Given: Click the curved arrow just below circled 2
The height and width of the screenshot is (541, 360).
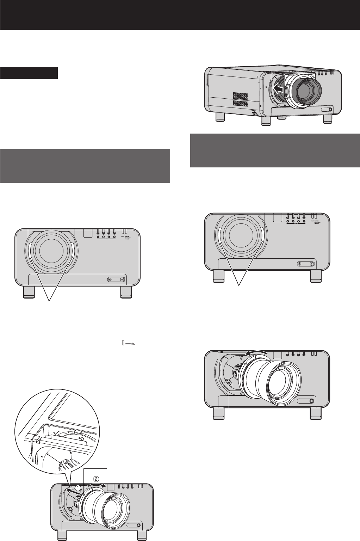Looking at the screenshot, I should point(97,486).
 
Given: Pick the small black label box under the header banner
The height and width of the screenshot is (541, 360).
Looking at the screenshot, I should point(29,73).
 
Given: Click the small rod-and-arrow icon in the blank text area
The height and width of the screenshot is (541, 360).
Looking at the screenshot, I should point(129,342).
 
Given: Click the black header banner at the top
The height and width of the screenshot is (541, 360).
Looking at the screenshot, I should point(180,15).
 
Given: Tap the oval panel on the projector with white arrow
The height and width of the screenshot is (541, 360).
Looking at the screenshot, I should point(326,109).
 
